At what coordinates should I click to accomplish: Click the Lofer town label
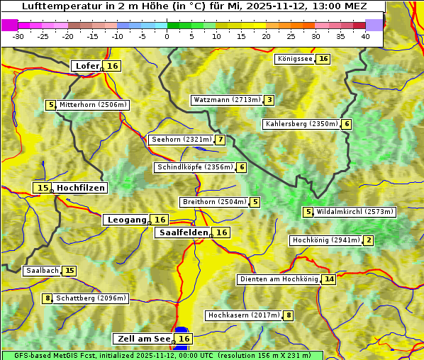87,66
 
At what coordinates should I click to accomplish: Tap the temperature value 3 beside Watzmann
269,100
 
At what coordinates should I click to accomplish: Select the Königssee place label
295,59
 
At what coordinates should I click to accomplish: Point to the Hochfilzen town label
81,188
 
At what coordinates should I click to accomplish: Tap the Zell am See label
143,339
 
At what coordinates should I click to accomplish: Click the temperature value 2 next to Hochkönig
369,240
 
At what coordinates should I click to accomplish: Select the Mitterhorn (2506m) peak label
93,105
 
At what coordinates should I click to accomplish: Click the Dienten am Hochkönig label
279,279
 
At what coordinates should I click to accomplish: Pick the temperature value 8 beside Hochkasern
289,315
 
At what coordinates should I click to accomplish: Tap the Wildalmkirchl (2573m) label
355,212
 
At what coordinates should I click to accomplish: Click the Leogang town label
127,220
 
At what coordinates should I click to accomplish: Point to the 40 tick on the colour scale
365,36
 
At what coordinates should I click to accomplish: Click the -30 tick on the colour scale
18,36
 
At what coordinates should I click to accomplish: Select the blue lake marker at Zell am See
182,331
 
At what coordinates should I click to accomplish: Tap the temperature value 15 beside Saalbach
69,271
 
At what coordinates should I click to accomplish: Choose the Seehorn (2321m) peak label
181,140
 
